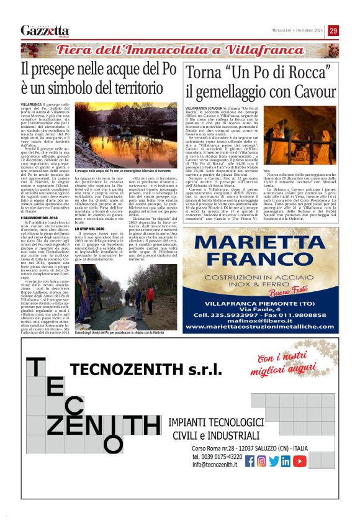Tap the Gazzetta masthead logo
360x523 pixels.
(x=45, y=31)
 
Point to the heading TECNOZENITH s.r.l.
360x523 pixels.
(x=146, y=371)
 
